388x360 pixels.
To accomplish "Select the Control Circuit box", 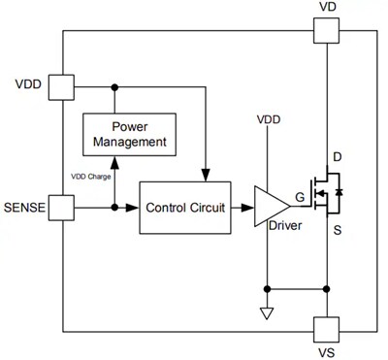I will pyautogui.click(x=186, y=207).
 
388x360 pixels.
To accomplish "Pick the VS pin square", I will pyautogui.click(x=327, y=329).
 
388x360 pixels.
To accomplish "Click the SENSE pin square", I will pyautogui.click(x=62, y=207).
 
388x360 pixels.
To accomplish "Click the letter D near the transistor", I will pyautogui.click(x=338, y=157).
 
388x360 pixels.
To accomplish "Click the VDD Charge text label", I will pyautogui.click(x=92, y=177).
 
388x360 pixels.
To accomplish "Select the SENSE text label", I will pyautogui.click(x=25, y=207).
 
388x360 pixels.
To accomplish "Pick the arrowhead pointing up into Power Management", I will pyautogui.click(x=115, y=161).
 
